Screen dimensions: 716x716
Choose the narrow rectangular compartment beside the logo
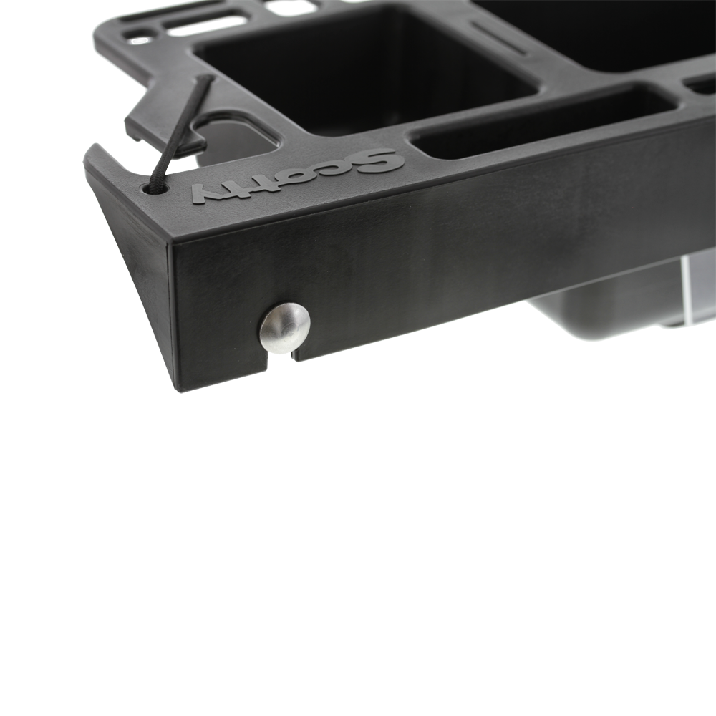coord(544,118)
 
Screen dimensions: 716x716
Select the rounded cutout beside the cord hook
coord(236,136)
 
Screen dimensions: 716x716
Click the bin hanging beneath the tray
coord(609,301)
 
